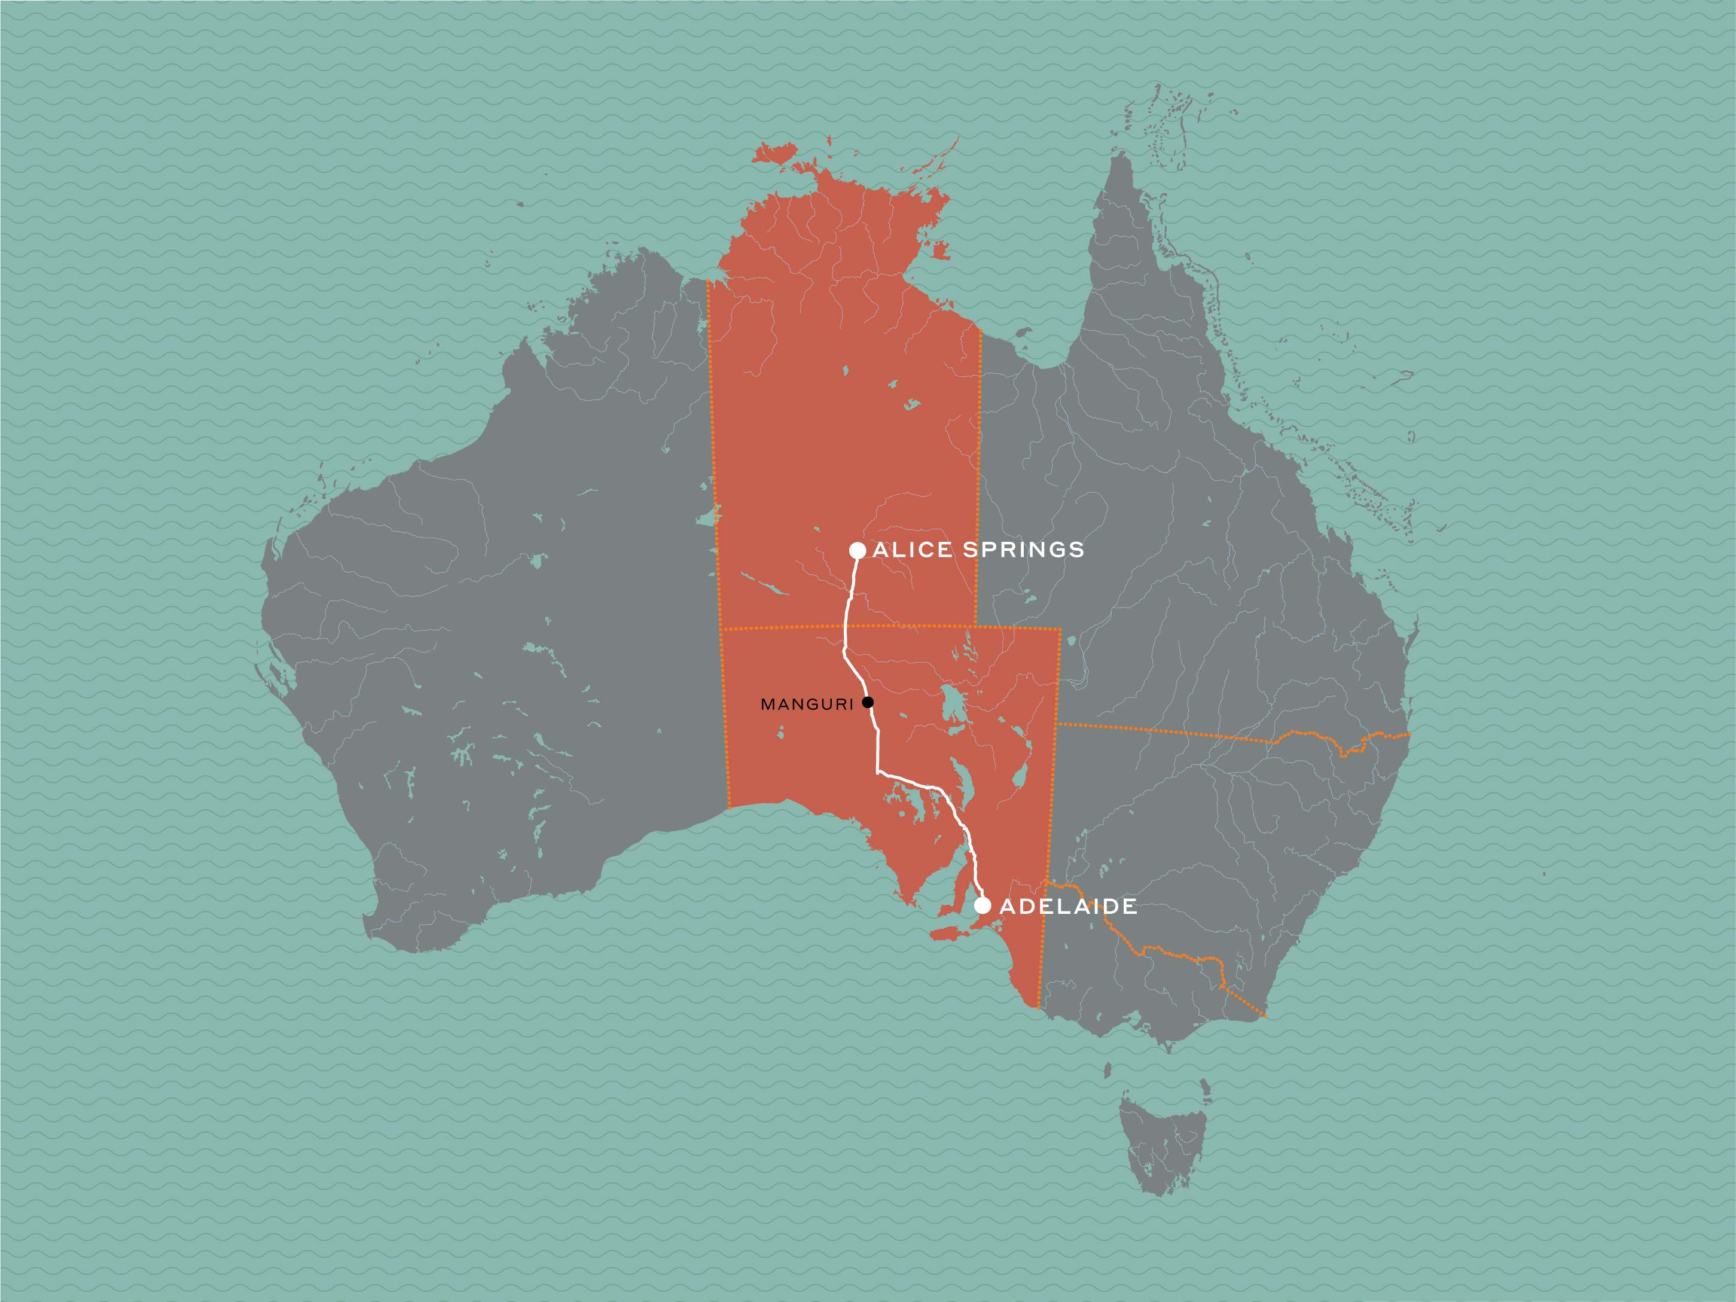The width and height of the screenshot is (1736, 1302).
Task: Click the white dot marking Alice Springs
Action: click(x=858, y=550)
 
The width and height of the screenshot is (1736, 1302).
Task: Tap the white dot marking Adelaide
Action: click(x=982, y=905)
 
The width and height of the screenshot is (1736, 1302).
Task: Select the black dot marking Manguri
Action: click(x=867, y=702)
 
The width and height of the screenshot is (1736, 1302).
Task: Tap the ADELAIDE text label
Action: click(x=1068, y=907)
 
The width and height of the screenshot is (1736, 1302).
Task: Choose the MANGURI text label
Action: click(x=807, y=705)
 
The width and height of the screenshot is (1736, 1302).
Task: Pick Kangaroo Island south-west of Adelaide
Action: click(x=952, y=933)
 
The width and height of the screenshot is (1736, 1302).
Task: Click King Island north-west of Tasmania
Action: click(x=1107, y=1071)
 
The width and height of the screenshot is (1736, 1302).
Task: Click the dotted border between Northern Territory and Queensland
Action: click(x=980, y=471)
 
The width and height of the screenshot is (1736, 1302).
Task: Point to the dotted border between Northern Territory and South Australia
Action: click(x=847, y=627)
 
